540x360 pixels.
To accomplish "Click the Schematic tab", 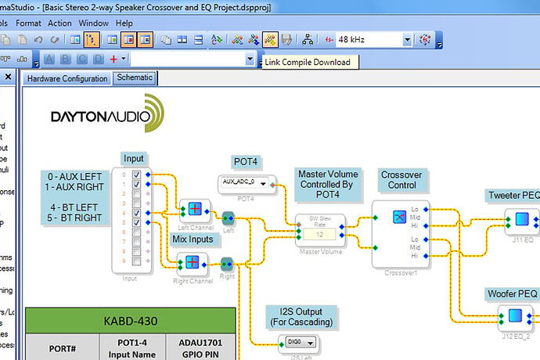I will pos(135,78).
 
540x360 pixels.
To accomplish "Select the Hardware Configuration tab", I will pos(67,79).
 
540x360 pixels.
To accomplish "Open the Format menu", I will pos(28,23).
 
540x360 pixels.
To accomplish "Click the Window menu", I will pos(94,23).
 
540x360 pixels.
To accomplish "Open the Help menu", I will pos(124,23).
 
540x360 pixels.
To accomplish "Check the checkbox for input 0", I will pos(137,175).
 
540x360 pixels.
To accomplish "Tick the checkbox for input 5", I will pos(137,222).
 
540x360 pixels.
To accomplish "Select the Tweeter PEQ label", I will pos(513,195).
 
